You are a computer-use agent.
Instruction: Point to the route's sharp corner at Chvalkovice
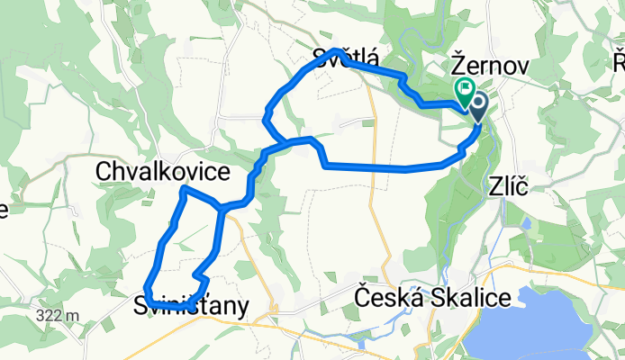coord(184,189)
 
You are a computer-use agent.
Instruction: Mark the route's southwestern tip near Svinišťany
coord(146,290)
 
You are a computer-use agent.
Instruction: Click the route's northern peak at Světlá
coord(337,50)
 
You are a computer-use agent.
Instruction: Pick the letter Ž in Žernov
coord(457,67)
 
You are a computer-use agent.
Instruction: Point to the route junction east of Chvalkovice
coord(222,208)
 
